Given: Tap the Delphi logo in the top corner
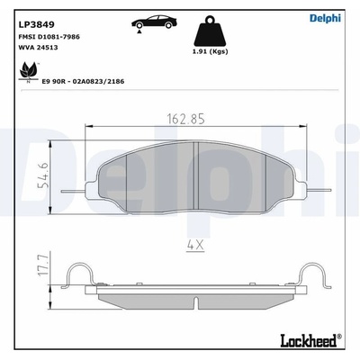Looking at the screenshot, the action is pos(325,18).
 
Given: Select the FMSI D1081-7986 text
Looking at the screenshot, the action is pos(49,37).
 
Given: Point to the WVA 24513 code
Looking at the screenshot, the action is pos(38,48).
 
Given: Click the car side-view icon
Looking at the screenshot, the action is pos(154,22).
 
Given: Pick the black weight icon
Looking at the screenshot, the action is pos(210,31).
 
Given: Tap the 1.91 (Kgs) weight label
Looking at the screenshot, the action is pos(210,51).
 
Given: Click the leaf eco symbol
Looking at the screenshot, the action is pos(29,72).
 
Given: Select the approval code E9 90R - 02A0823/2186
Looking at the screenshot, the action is pos(83,81).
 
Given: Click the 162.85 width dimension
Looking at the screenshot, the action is pos(186,119).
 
